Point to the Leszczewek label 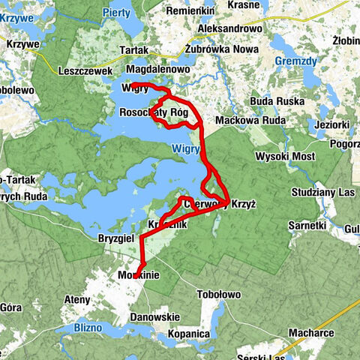click(84, 71)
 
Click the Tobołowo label click(219, 295)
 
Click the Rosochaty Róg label click(154, 112)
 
